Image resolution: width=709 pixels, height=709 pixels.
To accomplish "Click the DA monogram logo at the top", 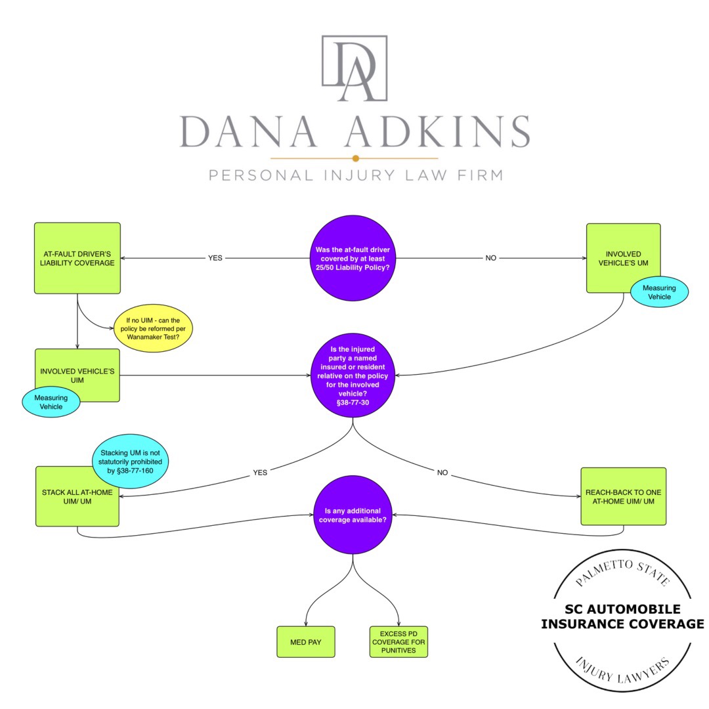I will (354, 70).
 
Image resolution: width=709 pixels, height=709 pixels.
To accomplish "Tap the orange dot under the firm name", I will (355, 158).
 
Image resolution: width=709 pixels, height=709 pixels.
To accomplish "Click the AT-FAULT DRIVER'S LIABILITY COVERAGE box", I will (77, 258).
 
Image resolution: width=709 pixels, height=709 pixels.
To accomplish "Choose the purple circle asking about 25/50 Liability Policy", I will (354, 258).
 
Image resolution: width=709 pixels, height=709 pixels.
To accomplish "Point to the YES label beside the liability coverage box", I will (215, 258).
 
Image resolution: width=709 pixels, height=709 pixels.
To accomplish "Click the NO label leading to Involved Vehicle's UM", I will (490, 258).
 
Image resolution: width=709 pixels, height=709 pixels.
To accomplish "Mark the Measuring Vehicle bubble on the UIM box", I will (51, 401).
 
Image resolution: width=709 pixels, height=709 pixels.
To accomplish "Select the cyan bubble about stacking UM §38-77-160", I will (130, 462).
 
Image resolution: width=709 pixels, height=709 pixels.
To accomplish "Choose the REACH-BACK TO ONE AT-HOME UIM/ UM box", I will (623, 496).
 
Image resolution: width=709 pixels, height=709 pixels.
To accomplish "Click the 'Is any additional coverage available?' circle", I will (354, 515).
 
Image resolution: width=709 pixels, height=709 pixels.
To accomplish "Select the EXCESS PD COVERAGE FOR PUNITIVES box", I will (398, 641).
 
